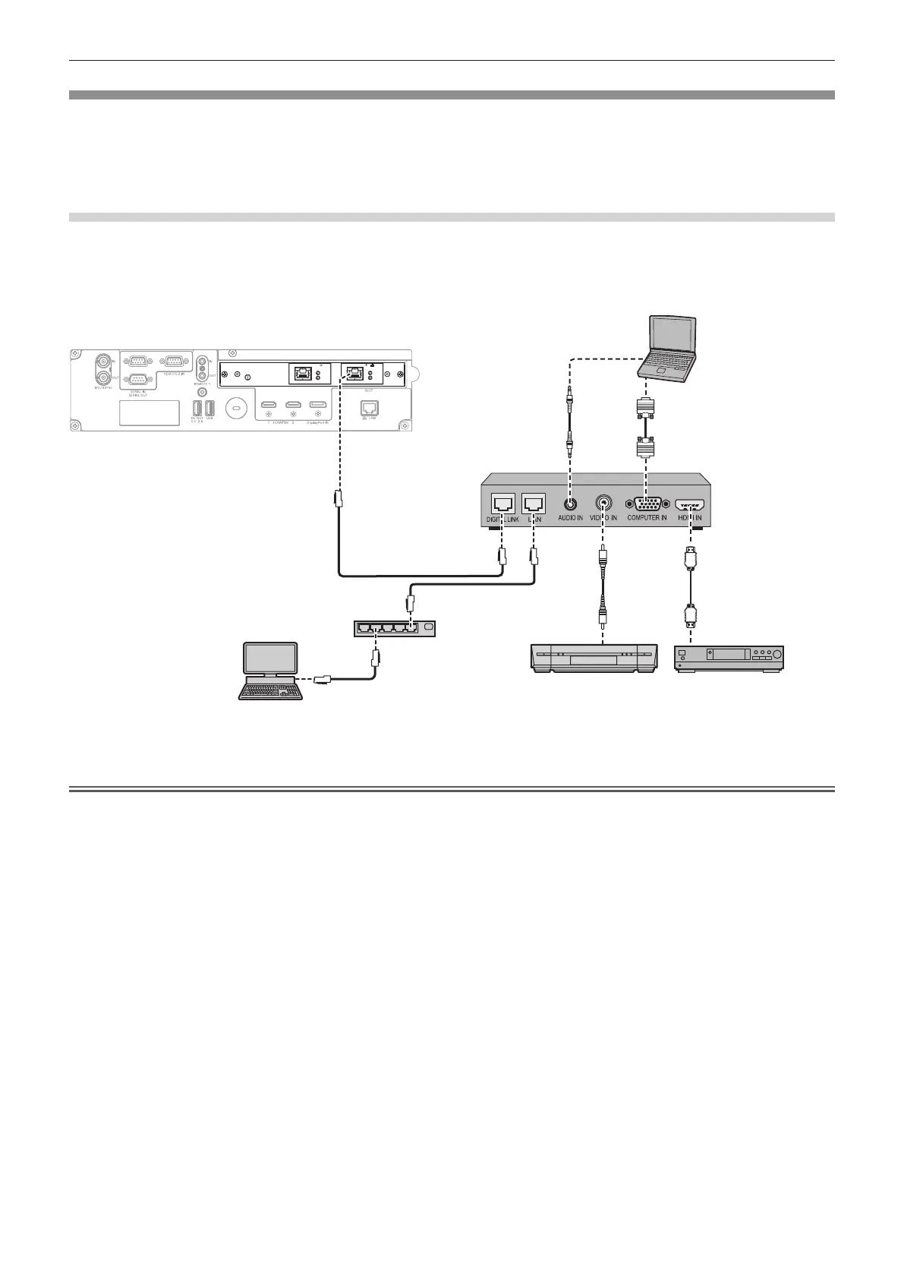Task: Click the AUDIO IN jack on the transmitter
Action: coord(570,502)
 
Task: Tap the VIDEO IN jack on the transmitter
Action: coord(603,502)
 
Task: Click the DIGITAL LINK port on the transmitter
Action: coord(502,503)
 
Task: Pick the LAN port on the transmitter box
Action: coord(534,503)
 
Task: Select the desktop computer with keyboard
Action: coord(271,670)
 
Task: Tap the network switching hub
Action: coord(394,628)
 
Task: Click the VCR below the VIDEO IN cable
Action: coord(592,657)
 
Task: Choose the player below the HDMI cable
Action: coord(729,657)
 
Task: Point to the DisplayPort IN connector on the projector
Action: coord(318,406)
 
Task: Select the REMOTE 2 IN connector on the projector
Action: coord(172,362)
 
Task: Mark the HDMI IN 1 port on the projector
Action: coord(268,406)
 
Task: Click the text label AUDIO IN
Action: coord(570,518)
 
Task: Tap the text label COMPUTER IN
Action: coord(647,518)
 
